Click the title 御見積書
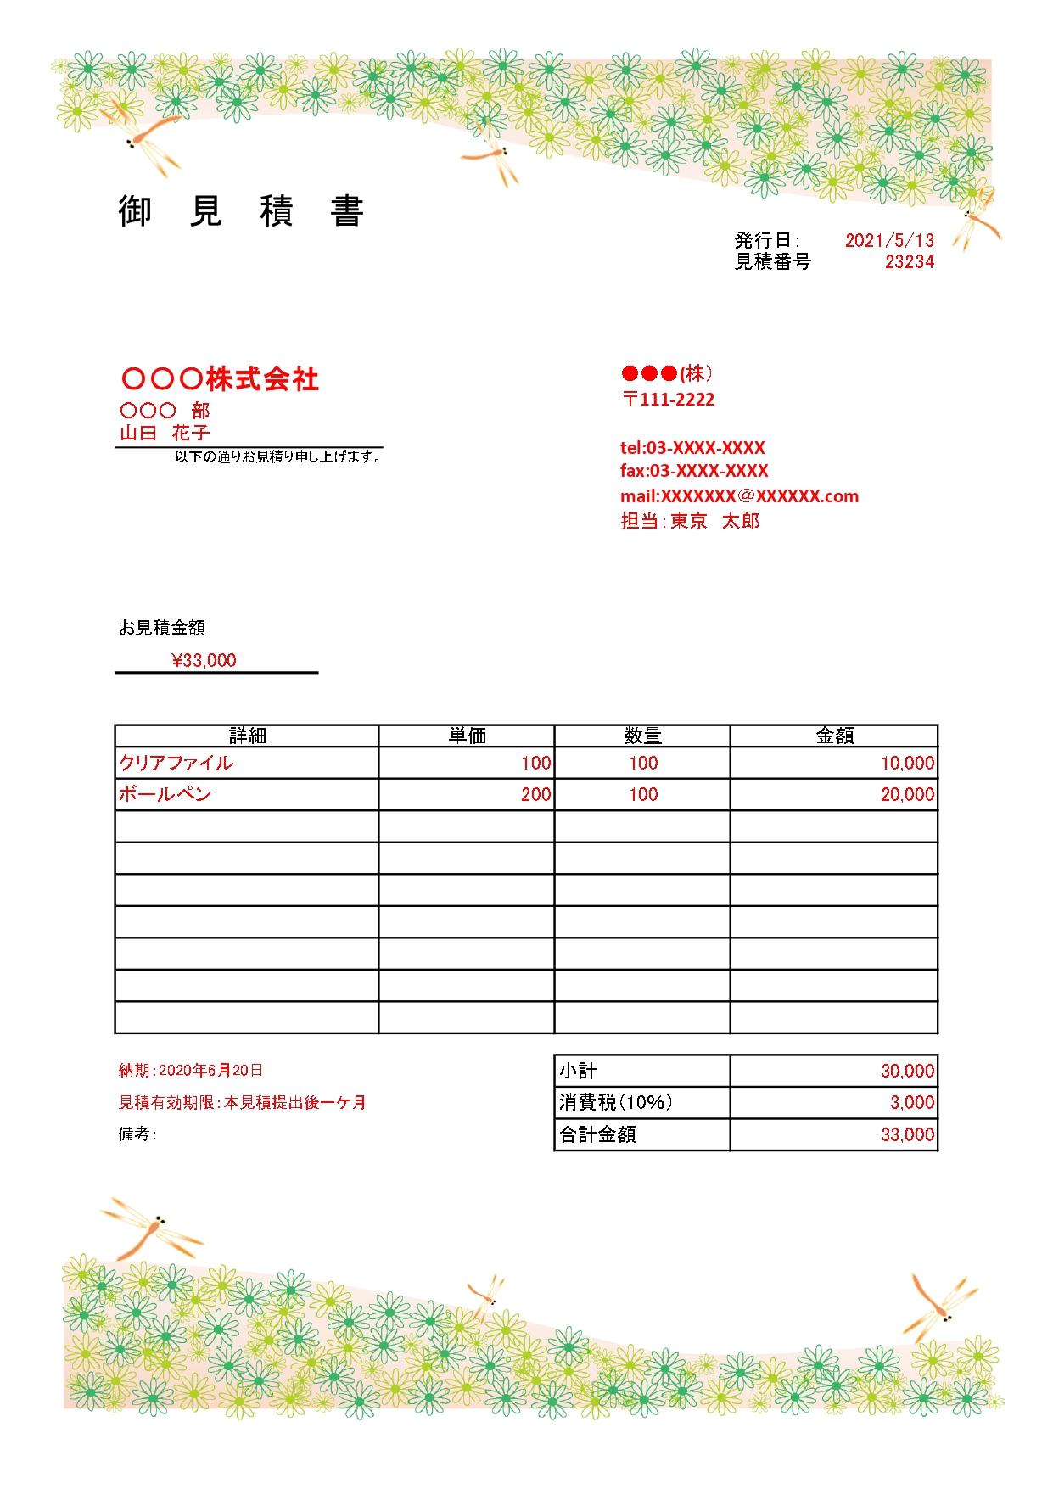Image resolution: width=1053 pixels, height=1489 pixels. coord(241,210)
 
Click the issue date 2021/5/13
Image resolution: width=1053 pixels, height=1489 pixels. coord(888,240)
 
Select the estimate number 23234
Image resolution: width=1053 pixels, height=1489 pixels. coord(909,261)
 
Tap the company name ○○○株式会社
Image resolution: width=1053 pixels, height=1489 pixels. coord(220,378)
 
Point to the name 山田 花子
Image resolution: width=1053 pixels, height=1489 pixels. coord(165,433)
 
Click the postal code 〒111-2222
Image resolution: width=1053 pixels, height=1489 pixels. coord(669,399)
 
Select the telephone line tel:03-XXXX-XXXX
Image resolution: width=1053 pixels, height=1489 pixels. coord(692,447)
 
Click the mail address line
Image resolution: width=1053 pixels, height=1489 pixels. coord(739,496)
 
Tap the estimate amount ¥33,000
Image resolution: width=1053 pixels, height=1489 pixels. coord(204,660)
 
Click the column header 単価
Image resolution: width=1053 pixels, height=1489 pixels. coord(467,736)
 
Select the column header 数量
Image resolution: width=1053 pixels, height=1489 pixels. coord(642,736)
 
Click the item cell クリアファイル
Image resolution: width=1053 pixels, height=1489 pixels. coord(176,763)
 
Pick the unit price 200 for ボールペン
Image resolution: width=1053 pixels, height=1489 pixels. coord(535,794)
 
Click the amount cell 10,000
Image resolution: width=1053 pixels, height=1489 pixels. coord(907,763)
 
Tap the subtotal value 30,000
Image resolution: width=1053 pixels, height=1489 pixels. coord(907,1071)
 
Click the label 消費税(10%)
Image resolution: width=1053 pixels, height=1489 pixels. coord(616,1102)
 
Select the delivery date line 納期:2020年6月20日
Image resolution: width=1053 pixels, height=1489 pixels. coord(191,1071)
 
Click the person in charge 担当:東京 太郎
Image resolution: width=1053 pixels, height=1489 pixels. coord(690,521)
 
